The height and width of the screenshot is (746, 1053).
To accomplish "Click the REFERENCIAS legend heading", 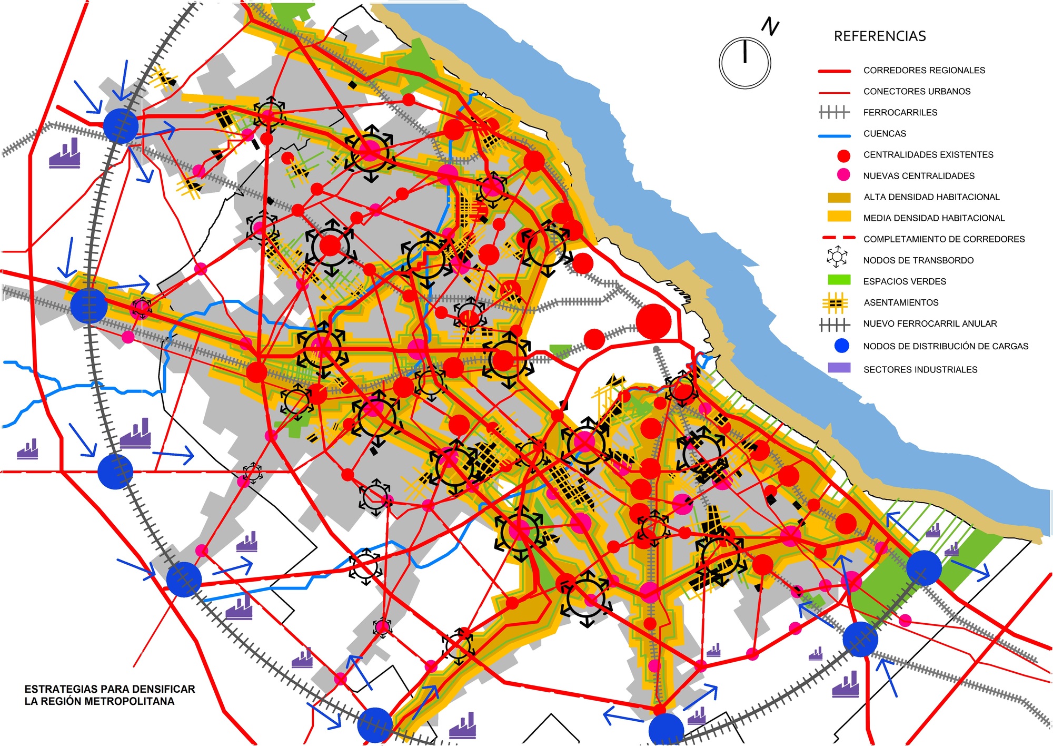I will coord(880,36).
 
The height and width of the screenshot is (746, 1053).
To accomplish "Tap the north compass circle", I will coord(744,63).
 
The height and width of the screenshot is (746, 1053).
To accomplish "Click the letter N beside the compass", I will coord(770,26).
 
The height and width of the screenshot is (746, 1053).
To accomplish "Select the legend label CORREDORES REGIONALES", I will coord(924,70).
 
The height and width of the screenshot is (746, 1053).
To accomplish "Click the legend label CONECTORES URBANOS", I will coord(917,91).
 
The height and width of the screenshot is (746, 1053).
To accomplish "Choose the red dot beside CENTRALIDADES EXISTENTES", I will coord(843,155).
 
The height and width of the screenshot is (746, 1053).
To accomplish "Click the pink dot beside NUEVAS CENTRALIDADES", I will coord(843,175).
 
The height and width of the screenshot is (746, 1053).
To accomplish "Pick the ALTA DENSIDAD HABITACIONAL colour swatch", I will coord(839,198).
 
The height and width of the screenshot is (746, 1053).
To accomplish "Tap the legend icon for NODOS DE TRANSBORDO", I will coord(837,257).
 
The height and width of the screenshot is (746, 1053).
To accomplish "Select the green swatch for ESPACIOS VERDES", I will coord(839,280).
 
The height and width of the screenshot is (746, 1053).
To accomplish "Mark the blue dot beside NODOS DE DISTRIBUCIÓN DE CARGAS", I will coord(842,346).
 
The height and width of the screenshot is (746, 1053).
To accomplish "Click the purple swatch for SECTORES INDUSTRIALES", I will coord(839,368).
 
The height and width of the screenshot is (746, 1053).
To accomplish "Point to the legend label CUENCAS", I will coord(885,133).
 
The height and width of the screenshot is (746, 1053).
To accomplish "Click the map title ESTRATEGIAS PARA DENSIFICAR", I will coord(110,689).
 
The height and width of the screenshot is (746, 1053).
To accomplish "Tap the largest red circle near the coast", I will coord(653,321).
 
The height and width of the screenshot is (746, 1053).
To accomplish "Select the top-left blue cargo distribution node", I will coord(121,126).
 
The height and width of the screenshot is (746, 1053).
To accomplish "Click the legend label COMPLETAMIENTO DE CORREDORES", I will coord(943,239).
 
